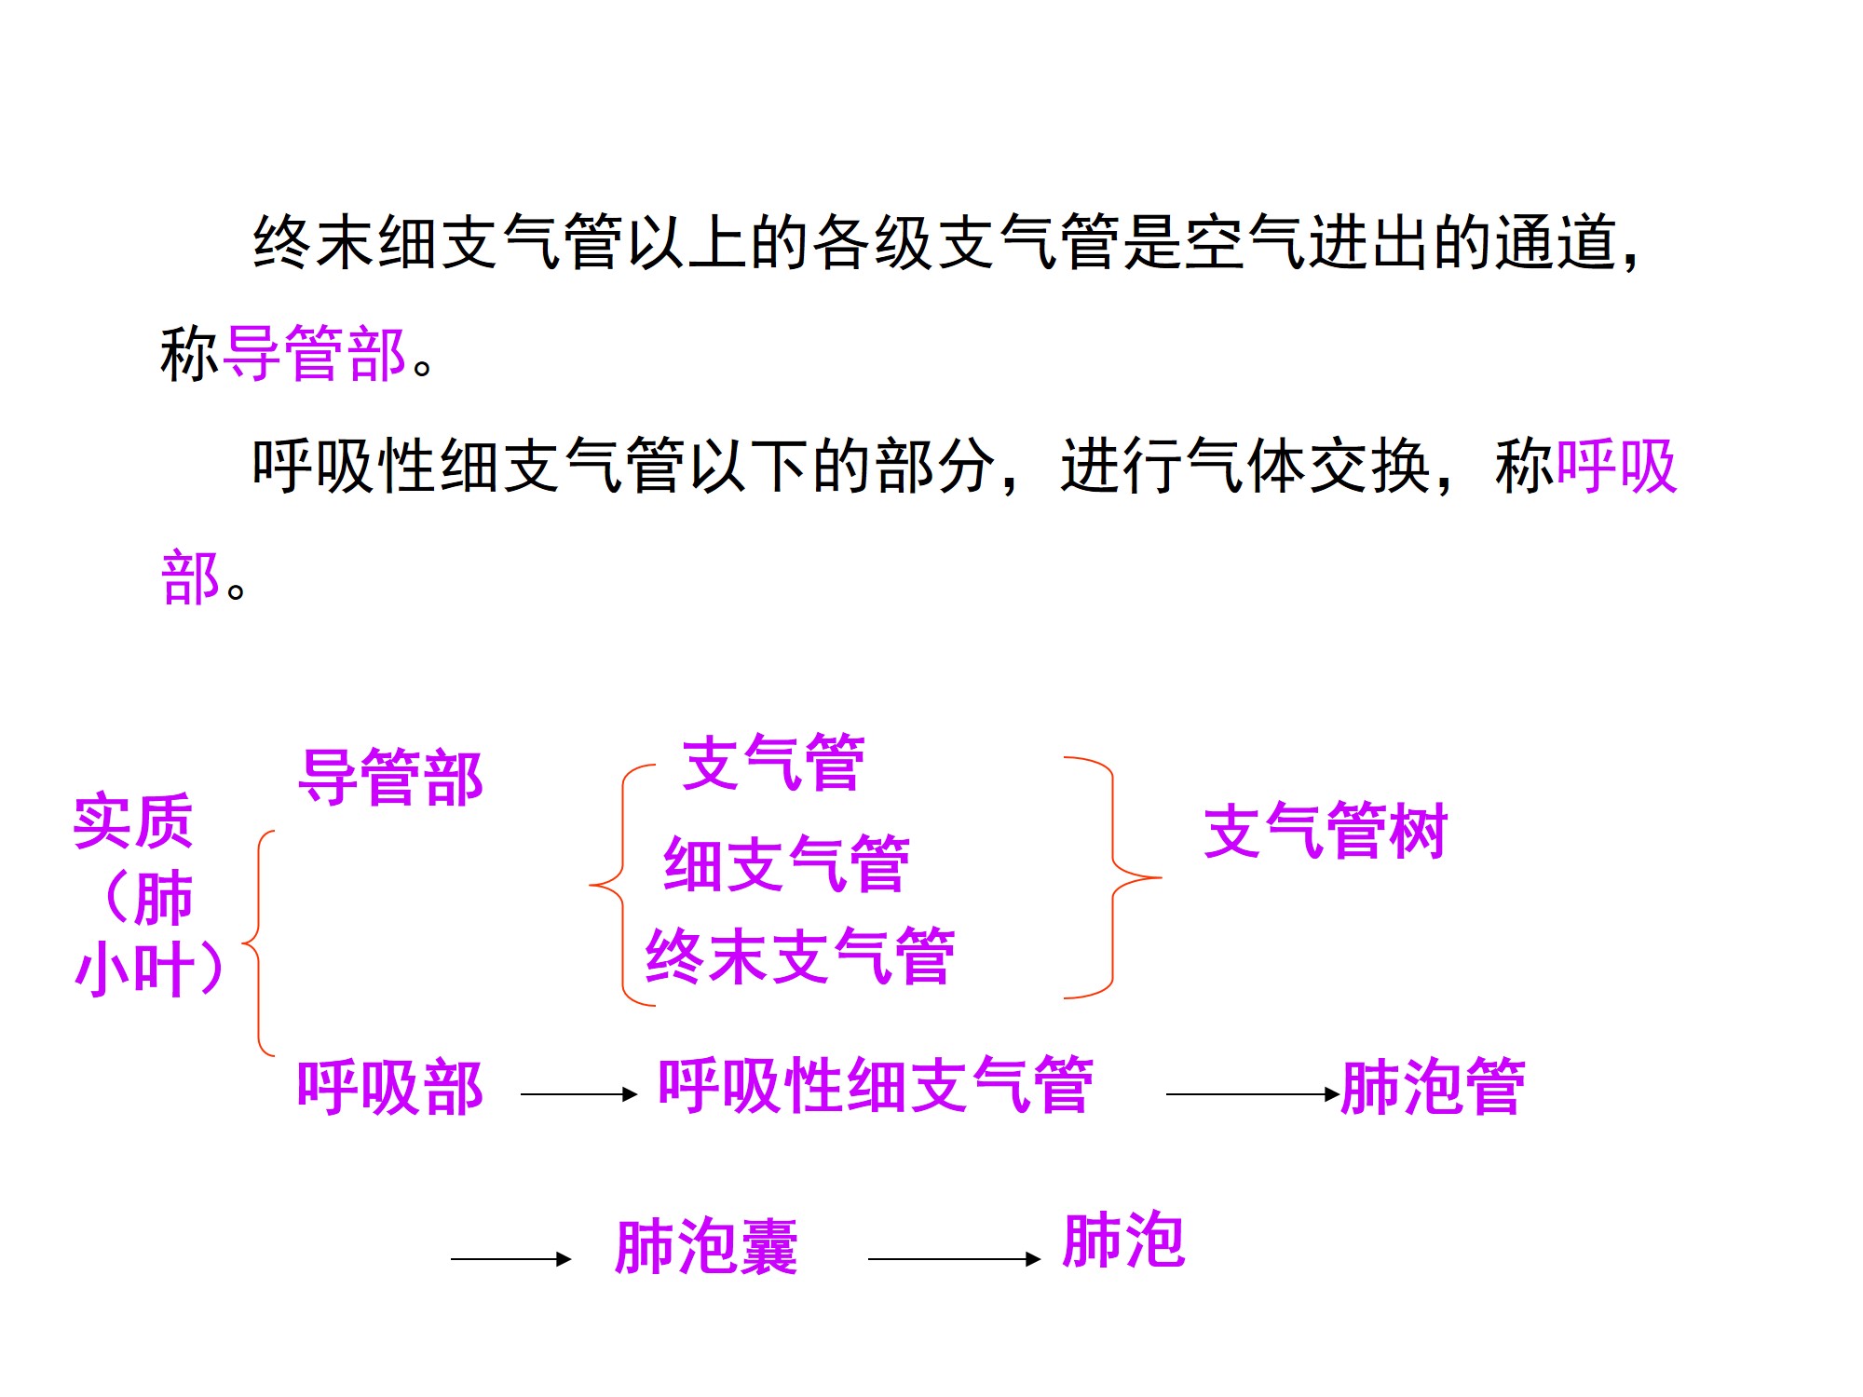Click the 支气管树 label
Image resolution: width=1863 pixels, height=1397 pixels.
tap(1325, 831)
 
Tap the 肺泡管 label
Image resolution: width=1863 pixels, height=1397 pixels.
tap(1433, 1087)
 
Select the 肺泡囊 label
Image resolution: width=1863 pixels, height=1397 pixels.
tap(706, 1246)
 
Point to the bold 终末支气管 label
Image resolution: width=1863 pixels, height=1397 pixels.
tap(800, 956)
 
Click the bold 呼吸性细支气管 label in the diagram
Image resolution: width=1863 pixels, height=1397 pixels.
tap(876, 1085)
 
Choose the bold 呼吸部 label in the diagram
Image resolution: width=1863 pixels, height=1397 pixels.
tap(389, 1087)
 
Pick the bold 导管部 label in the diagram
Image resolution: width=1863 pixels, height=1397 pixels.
tap(390, 778)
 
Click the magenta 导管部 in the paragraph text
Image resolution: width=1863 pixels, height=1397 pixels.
tap(316, 354)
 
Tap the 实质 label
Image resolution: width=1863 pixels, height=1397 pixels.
tap(133, 821)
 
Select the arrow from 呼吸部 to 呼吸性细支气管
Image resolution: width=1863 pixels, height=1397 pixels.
tap(578, 1094)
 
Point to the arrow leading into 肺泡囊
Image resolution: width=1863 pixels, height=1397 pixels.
tap(510, 1259)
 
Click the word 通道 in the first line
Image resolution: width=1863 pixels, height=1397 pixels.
tap(1556, 242)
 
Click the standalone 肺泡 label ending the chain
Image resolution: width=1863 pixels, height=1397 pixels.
tap(1123, 1241)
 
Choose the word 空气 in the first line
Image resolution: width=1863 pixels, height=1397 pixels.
tap(1245, 242)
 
